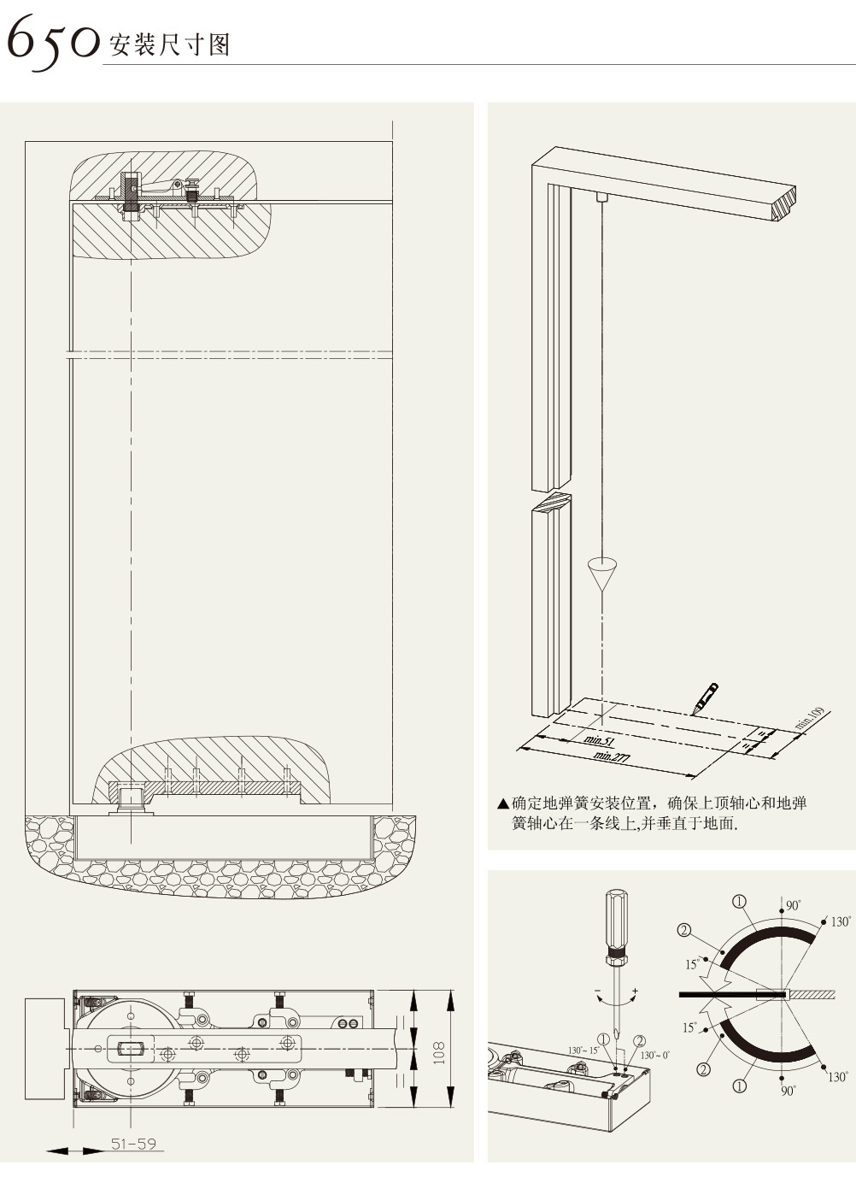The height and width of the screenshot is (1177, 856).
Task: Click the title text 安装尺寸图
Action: click(x=170, y=44)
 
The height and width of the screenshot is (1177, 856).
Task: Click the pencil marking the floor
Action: click(x=706, y=697)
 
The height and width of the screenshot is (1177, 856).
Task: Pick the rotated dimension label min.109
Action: click(x=809, y=718)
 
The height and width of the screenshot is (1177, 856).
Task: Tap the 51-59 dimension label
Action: click(x=133, y=1144)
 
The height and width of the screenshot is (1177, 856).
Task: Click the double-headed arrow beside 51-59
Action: click(x=73, y=1151)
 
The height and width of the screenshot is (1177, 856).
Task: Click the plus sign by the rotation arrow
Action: click(x=635, y=990)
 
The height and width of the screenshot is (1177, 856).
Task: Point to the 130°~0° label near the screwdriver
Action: click(x=655, y=1055)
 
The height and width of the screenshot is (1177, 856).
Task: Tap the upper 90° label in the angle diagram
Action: click(x=793, y=905)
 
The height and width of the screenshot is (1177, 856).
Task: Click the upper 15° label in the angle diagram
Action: click(x=691, y=964)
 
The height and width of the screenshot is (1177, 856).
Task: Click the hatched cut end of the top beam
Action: click(x=786, y=204)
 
